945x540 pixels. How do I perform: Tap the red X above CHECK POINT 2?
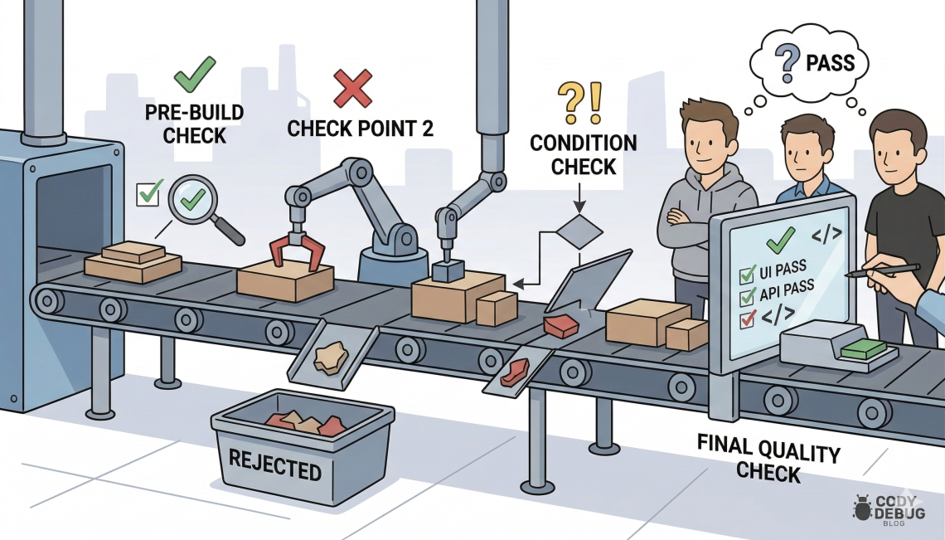coord(351,88)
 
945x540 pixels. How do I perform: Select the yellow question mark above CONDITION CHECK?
coord(572,102)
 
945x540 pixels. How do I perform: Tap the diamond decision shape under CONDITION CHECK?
coord(578,231)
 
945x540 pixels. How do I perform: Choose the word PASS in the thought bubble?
coord(831,63)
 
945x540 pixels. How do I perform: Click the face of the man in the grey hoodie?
coord(710,139)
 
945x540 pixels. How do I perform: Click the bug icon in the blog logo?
coord(861,507)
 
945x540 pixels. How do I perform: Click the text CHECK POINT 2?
coord(360,129)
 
